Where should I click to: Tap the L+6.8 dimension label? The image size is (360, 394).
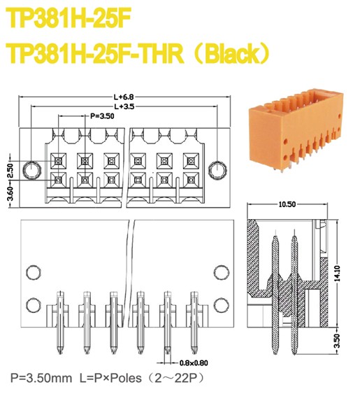(x=124, y=97)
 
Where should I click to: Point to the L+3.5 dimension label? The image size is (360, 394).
(x=124, y=106)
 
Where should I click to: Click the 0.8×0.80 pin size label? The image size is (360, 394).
(x=194, y=363)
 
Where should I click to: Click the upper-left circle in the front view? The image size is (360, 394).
(x=32, y=272)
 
